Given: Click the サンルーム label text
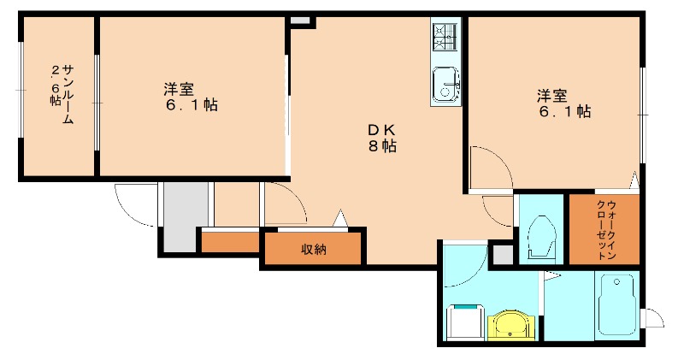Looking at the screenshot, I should pyautogui.click(x=67, y=93).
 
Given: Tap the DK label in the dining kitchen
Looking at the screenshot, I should pyautogui.click(x=380, y=129).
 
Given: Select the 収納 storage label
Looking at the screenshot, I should pyautogui.click(x=313, y=250).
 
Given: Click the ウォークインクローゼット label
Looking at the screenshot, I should pyautogui.click(x=605, y=230).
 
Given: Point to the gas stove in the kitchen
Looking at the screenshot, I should pyautogui.click(x=445, y=35).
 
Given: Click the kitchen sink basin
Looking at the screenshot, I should pyautogui.click(x=444, y=84).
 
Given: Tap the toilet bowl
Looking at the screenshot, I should pyautogui.click(x=540, y=234).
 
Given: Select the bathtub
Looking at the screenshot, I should pyautogui.click(x=616, y=305).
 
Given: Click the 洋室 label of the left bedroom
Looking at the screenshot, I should pyautogui.click(x=180, y=89).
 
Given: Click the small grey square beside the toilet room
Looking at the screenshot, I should pyautogui.click(x=504, y=254).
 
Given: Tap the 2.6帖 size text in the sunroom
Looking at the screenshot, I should pyautogui.click(x=55, y=83).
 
